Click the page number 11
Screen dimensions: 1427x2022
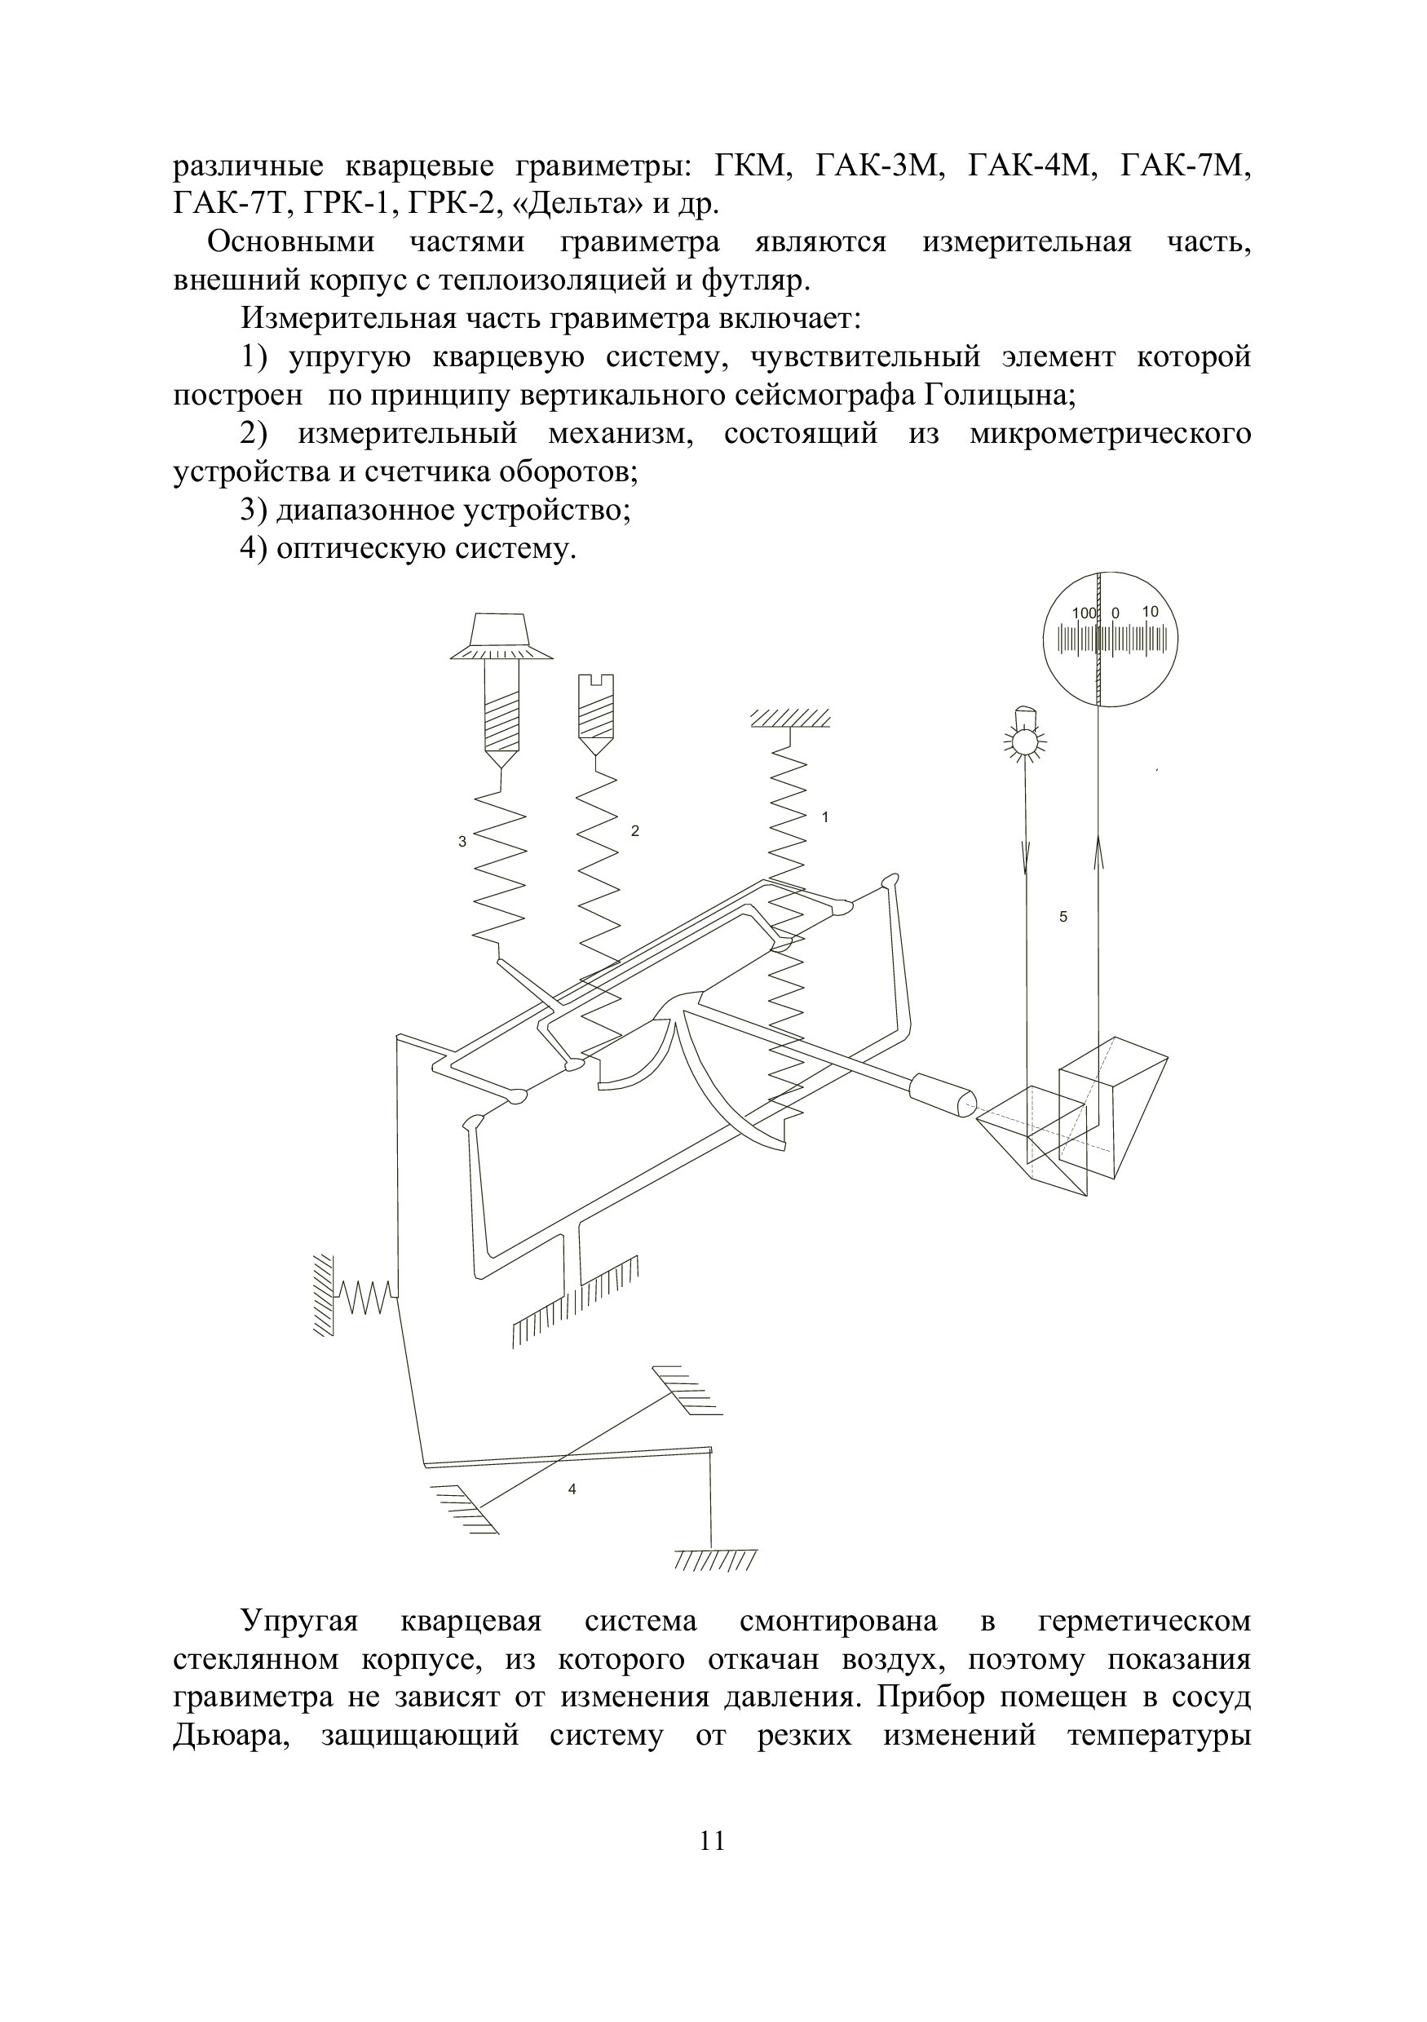click(712, 1842)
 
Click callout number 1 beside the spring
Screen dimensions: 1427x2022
click(825, 817)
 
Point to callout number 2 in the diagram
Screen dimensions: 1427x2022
click(634, 830)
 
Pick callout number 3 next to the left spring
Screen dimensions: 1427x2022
click(462, 842)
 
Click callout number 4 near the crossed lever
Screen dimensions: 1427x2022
click(572, 1489)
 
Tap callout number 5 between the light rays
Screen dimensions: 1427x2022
click(1063, 917)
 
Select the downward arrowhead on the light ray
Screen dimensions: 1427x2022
click(1026, 858)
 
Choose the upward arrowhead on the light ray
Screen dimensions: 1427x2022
click(1098, 854)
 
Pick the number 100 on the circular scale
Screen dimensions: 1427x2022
click(1085, 613)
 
